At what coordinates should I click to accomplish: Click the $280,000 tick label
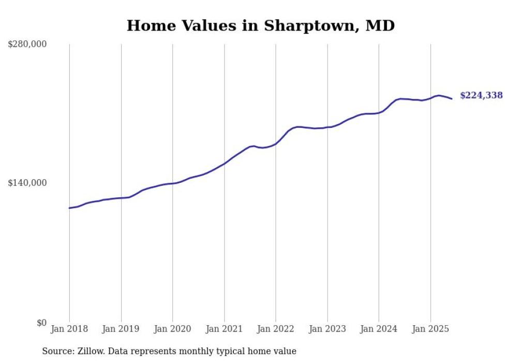27,44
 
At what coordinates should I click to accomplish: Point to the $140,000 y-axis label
27,183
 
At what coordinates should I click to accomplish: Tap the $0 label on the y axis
41,323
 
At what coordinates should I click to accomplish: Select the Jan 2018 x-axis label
69,329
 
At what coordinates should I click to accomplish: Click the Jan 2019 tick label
121,329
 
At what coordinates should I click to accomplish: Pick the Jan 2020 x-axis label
173,329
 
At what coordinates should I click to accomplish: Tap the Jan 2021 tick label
224,329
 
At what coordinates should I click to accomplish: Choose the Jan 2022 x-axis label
276,329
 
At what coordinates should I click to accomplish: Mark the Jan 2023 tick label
327,329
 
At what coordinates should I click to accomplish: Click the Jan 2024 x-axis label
379,329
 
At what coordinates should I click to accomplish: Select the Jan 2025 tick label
430,329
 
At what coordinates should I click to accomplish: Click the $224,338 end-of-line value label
481,95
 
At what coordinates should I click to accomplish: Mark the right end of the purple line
452,98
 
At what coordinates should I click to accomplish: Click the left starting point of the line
69,208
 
